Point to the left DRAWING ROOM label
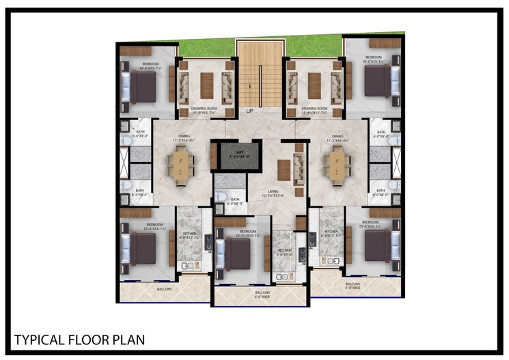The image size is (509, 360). click(x=203, y=108)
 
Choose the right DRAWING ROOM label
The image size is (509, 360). click(x=315, y=108)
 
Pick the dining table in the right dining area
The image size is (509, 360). click(x=338, y=165)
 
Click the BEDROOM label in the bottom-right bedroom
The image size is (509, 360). click(x=370, y=223)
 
